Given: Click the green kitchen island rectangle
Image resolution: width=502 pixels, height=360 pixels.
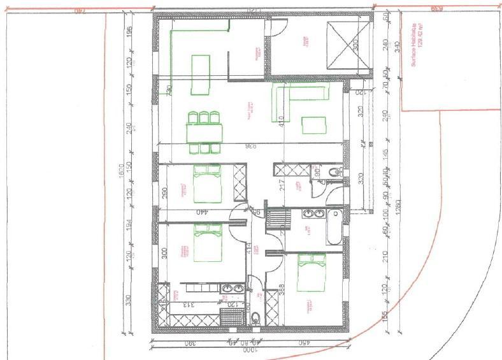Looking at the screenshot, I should (201, 66).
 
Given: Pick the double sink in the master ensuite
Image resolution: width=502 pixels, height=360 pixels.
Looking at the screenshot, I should (233, 289).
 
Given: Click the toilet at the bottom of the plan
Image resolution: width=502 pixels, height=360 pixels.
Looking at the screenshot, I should (255, 319).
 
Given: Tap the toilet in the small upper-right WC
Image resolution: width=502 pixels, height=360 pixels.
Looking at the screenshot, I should (334, 173).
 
